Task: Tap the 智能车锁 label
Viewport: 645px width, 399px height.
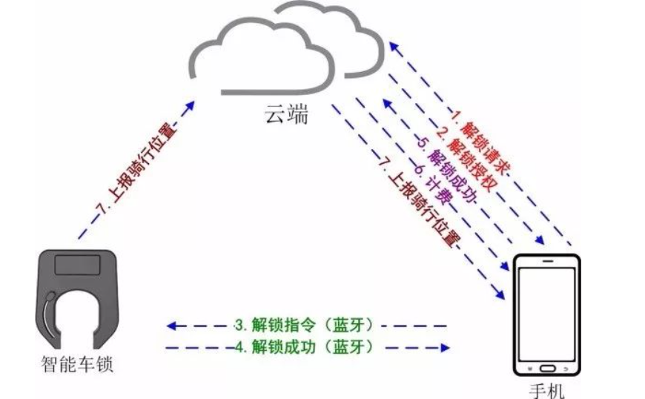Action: [x=78, y=365]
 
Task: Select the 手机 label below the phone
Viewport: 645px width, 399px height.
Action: [x=548, y=389]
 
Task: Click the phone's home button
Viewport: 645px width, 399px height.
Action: [x=548, y=369]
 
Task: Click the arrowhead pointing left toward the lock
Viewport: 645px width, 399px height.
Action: [x=171, y=325]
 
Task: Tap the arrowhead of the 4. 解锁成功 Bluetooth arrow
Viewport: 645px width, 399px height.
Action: [x=446, y=346]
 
